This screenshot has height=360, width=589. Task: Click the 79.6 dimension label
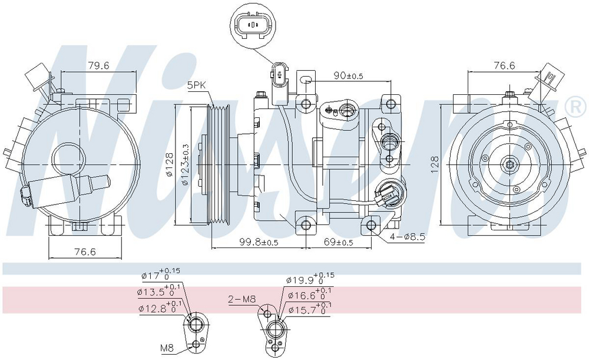(98, 66)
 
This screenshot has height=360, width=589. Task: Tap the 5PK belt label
(197, 85)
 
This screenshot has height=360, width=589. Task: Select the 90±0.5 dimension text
(349, 75)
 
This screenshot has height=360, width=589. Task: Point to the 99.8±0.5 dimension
(259, 242)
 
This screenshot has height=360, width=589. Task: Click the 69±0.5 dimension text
(339, 242)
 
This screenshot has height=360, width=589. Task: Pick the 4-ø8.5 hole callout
(407, 237)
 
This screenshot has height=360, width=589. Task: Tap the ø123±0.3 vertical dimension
(185, 164)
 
